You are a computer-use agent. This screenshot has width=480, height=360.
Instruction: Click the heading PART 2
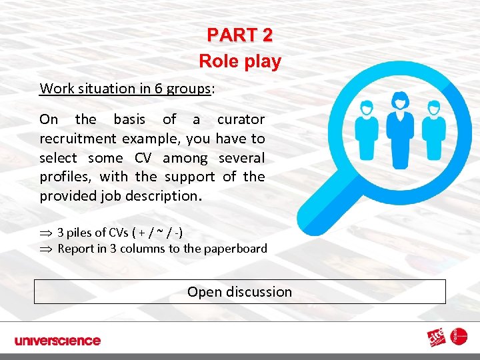click(x=239, y=35)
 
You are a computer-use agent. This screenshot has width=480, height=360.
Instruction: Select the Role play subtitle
click(x=240, y=62)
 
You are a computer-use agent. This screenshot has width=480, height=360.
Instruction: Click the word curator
click(x=241, y=119)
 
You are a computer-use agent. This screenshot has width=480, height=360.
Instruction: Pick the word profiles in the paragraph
click(x=65, y=177)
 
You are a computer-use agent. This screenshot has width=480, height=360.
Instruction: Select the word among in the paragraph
click(x=185, y=158)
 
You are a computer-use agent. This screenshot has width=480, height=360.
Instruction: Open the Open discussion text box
click(x=240, y=291)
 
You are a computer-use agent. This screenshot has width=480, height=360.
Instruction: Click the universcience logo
click(x=57, y=341)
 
